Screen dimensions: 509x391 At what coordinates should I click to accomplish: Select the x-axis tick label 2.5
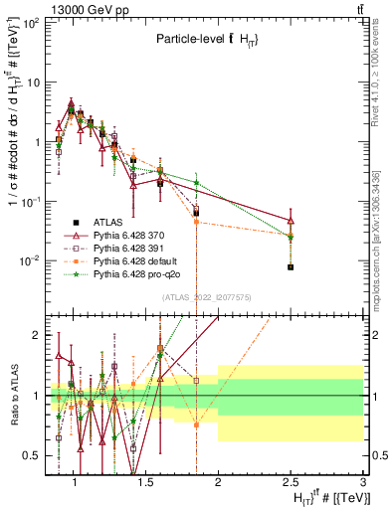tap(291, 484)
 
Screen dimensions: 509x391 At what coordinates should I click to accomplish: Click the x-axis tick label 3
tap(363, 484)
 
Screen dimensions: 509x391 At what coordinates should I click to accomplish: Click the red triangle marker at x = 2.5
tap(291, 221)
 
